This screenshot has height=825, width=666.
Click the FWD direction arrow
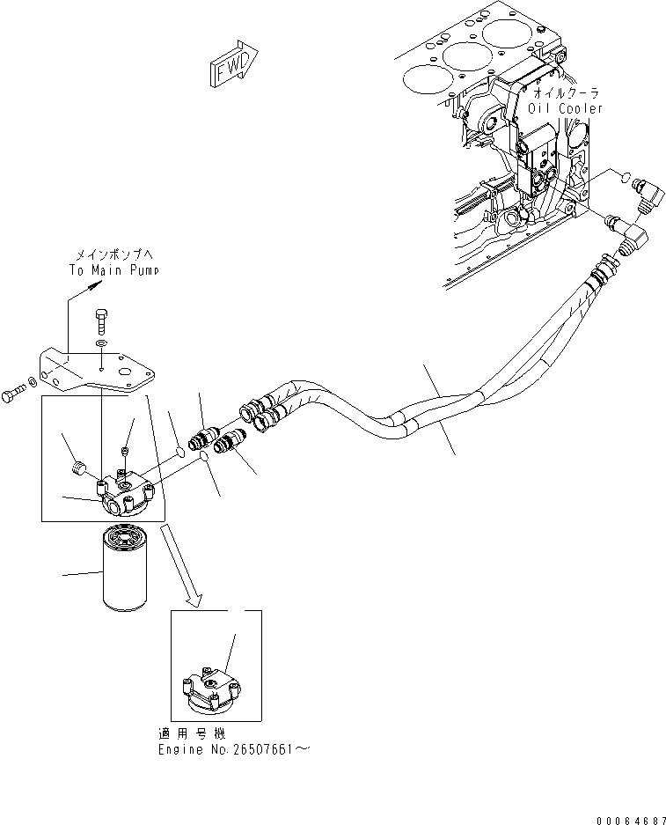[233, 68]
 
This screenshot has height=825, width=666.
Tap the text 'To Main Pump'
[114, 270]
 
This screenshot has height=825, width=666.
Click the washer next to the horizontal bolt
[33, 381]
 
